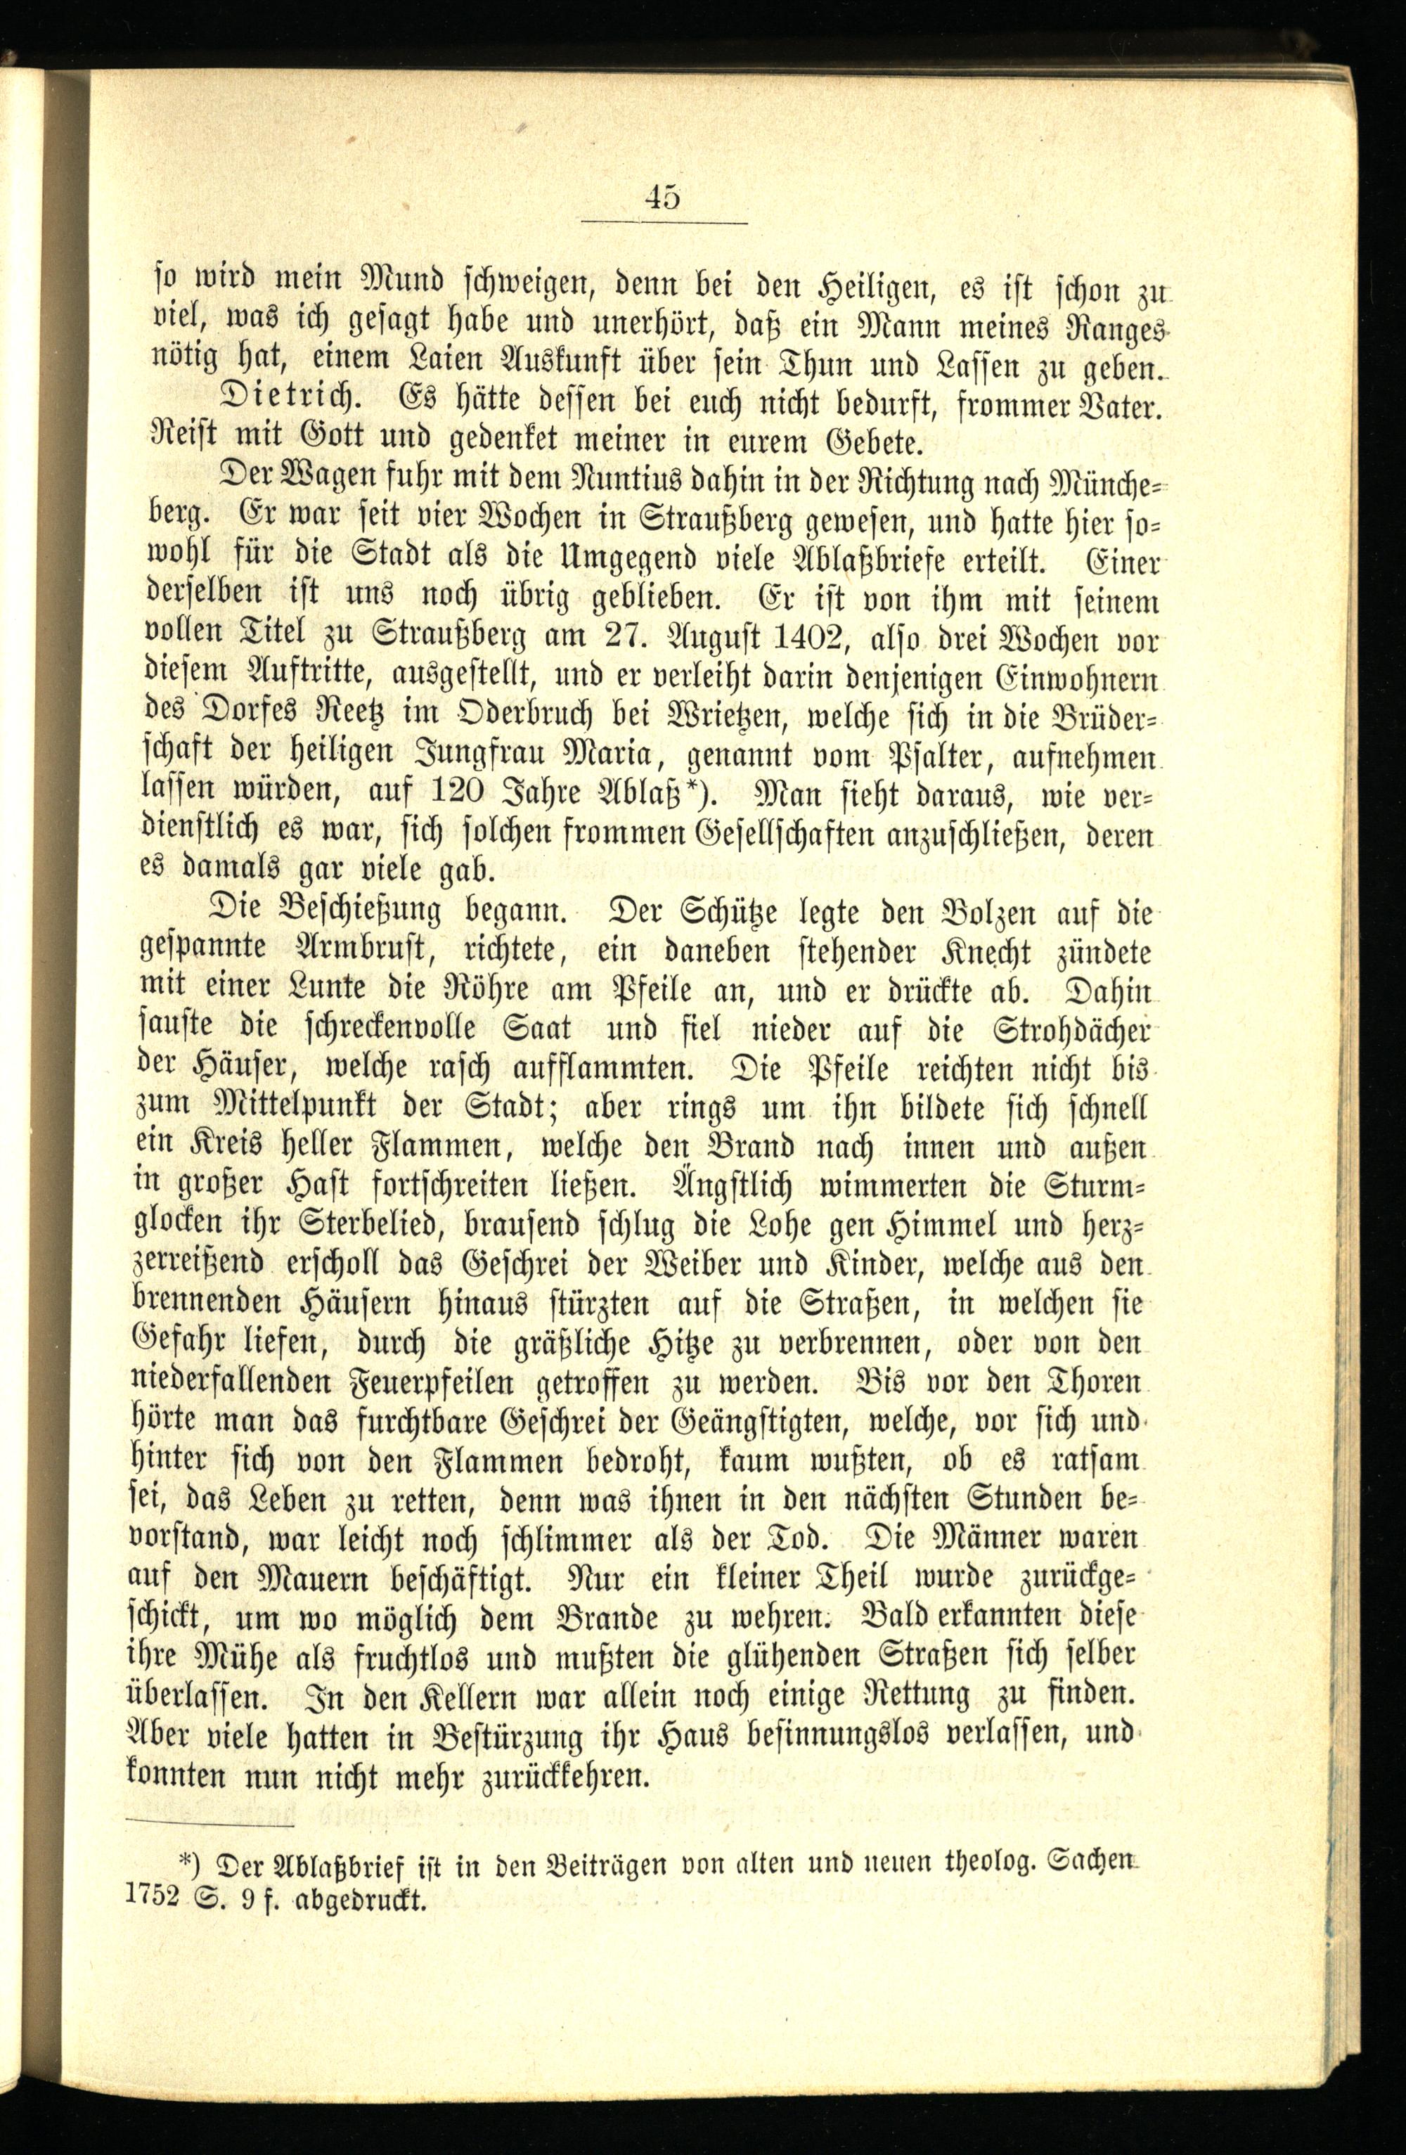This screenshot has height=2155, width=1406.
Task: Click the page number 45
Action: click(663, 195)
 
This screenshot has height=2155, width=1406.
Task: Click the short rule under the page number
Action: click(663, 223)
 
